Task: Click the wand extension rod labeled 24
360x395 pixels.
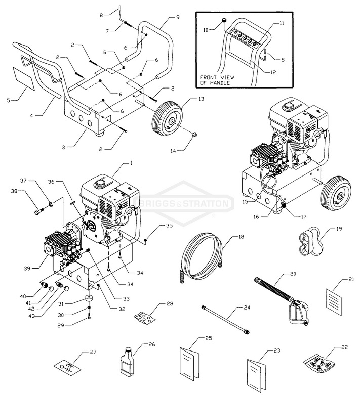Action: pyautogui.click(x=225, y=319)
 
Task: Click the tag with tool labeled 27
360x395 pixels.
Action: pyautogui.click(x=66, y=366)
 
